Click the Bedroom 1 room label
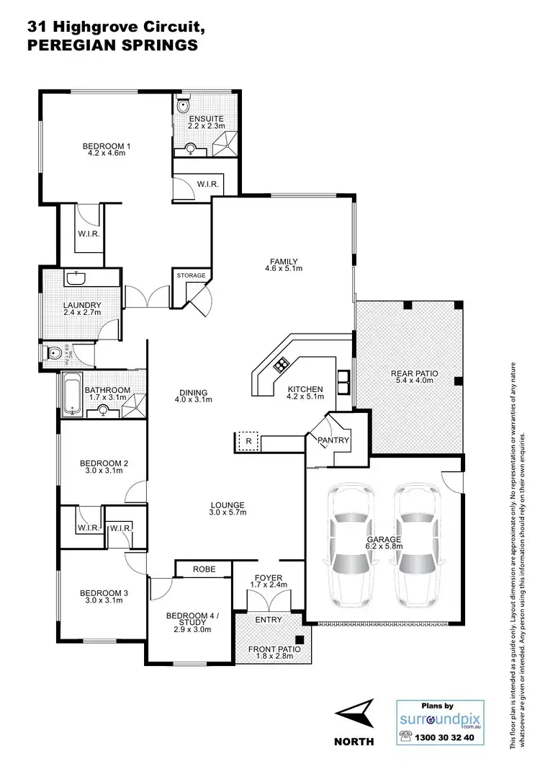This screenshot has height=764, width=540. [x=107, y=145]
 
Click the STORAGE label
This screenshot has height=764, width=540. [x=192, y=275]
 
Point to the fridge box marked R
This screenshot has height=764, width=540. [x=248, y=440]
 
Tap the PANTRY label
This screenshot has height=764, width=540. [x=334, y=440]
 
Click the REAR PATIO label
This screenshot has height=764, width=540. [x=415, y=373]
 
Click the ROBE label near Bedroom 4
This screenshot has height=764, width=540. [x=202, y=569]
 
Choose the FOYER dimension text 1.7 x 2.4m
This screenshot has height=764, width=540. [x=266, y=585]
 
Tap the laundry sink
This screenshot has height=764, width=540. [x=75, y=278]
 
